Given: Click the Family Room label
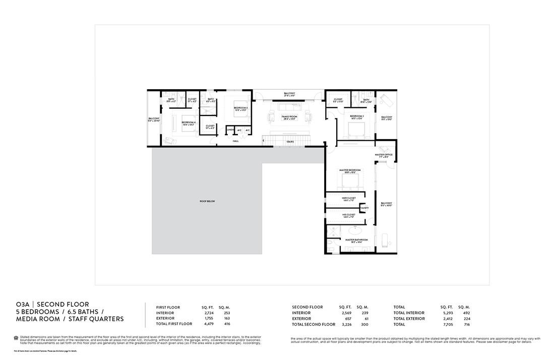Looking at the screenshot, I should pyautogui.click(x=289, y=117).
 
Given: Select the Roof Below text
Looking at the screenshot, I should pyautogui.click(x=207, y=201).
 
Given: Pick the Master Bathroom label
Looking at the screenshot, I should pyautogui.click(x=356, y=241).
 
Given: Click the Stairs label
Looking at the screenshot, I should pyautogui.click(x=290, y=142).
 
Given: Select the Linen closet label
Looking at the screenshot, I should pyautogui.click(x=230, y=130).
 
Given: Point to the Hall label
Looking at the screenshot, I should pyautogui.click(x=235, y=141).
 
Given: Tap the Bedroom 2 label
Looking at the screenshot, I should pyautogui.click(x=357, y=116).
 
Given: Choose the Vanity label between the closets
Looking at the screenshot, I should pyautogui.click(x=364, y=208).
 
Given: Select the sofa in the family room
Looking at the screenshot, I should pyautogui.click(x=289, y=107).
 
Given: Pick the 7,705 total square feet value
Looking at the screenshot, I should pyautogui.click(x=447, y=325).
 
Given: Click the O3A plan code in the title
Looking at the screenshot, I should pyautogui.click(x=23, y=305).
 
